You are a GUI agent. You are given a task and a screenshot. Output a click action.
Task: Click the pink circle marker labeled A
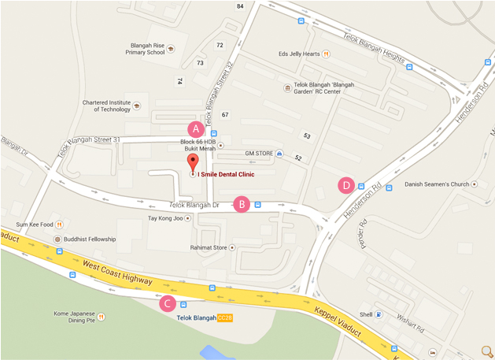[x=194, y=128]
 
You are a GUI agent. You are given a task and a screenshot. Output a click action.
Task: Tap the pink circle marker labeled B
[x=242, y=204]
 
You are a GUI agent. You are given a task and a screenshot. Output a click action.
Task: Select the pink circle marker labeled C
[x=167, y=303]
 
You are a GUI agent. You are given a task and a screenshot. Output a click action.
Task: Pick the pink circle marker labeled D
[x=345, y=186]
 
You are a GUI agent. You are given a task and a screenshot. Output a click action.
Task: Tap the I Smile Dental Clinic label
[x=230, y=174]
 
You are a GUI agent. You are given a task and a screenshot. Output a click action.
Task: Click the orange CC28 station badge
[x=226, y=317]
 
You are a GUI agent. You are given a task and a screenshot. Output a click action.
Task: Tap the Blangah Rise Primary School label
[x=145, y=47]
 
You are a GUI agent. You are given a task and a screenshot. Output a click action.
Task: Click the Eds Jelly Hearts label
[x=299, y=54]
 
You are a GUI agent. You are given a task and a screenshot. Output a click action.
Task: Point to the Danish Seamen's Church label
[x=437, y=184]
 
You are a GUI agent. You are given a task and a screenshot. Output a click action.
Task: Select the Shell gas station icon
[x=379, y=314]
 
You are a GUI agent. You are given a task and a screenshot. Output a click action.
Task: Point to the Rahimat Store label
[x=207, y=247]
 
